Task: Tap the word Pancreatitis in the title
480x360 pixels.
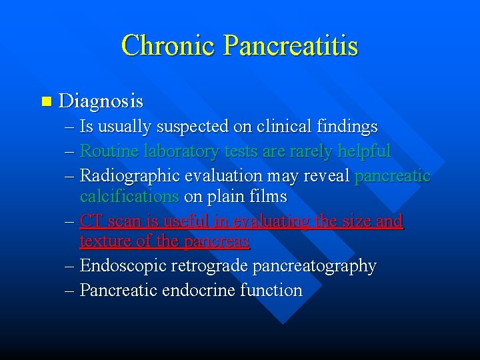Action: [291, 45]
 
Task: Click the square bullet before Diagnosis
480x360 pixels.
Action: [45, 102]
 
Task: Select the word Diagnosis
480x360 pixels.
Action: [101, 101]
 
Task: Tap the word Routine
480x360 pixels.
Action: [105, 151]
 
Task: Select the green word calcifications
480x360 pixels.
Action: [129, 197]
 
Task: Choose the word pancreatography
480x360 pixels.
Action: [311, 266]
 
